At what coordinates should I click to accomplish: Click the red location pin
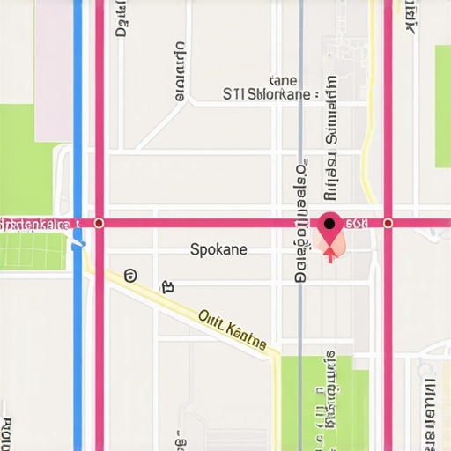(x=330, y=226)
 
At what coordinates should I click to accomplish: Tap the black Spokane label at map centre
(x=218, y=249)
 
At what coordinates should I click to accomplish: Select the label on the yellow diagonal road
(x=232, y=330)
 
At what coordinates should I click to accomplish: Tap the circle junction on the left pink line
(x=99, y=224)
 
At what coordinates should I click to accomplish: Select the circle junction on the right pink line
(x=388, y=224)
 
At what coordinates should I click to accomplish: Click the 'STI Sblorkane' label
(x=266, y=94)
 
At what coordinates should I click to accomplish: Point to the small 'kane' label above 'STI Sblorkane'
(x=281, y=78)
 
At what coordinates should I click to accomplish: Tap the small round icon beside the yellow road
(x=131, y=276)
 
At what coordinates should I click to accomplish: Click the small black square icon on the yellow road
(x=166, y=286)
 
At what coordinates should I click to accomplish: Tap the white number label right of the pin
(x=356, y=224)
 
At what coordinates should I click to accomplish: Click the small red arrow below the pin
(x=330, y=255)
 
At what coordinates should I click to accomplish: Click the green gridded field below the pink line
(x=33, y=250)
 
